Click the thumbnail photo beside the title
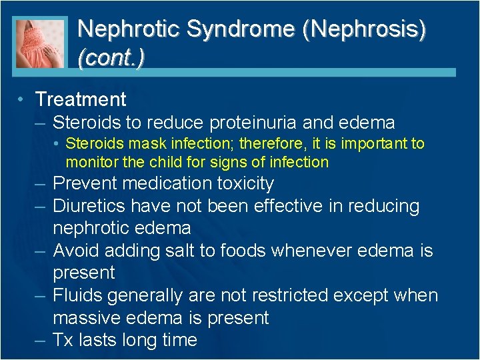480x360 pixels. (41, 42)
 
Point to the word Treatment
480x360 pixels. (81, 99)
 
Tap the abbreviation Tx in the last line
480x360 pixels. (63, 340)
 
